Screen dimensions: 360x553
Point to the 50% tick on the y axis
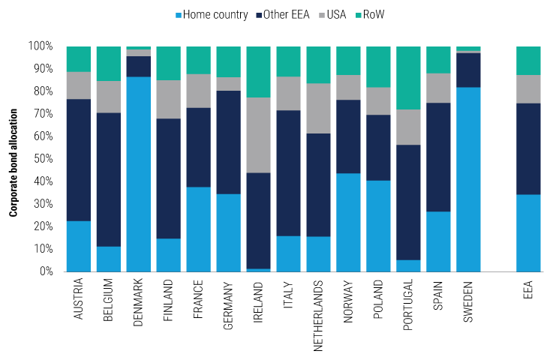pos(41,159)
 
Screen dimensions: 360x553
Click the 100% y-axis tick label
pos(39,46)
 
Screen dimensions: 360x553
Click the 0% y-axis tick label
pos(44,271)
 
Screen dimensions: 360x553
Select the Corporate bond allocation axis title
pos(14,158)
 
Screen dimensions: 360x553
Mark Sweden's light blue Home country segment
pos(468,179)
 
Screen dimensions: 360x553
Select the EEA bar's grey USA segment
pos(528,88)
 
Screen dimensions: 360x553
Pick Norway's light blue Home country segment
pos(348,222)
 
